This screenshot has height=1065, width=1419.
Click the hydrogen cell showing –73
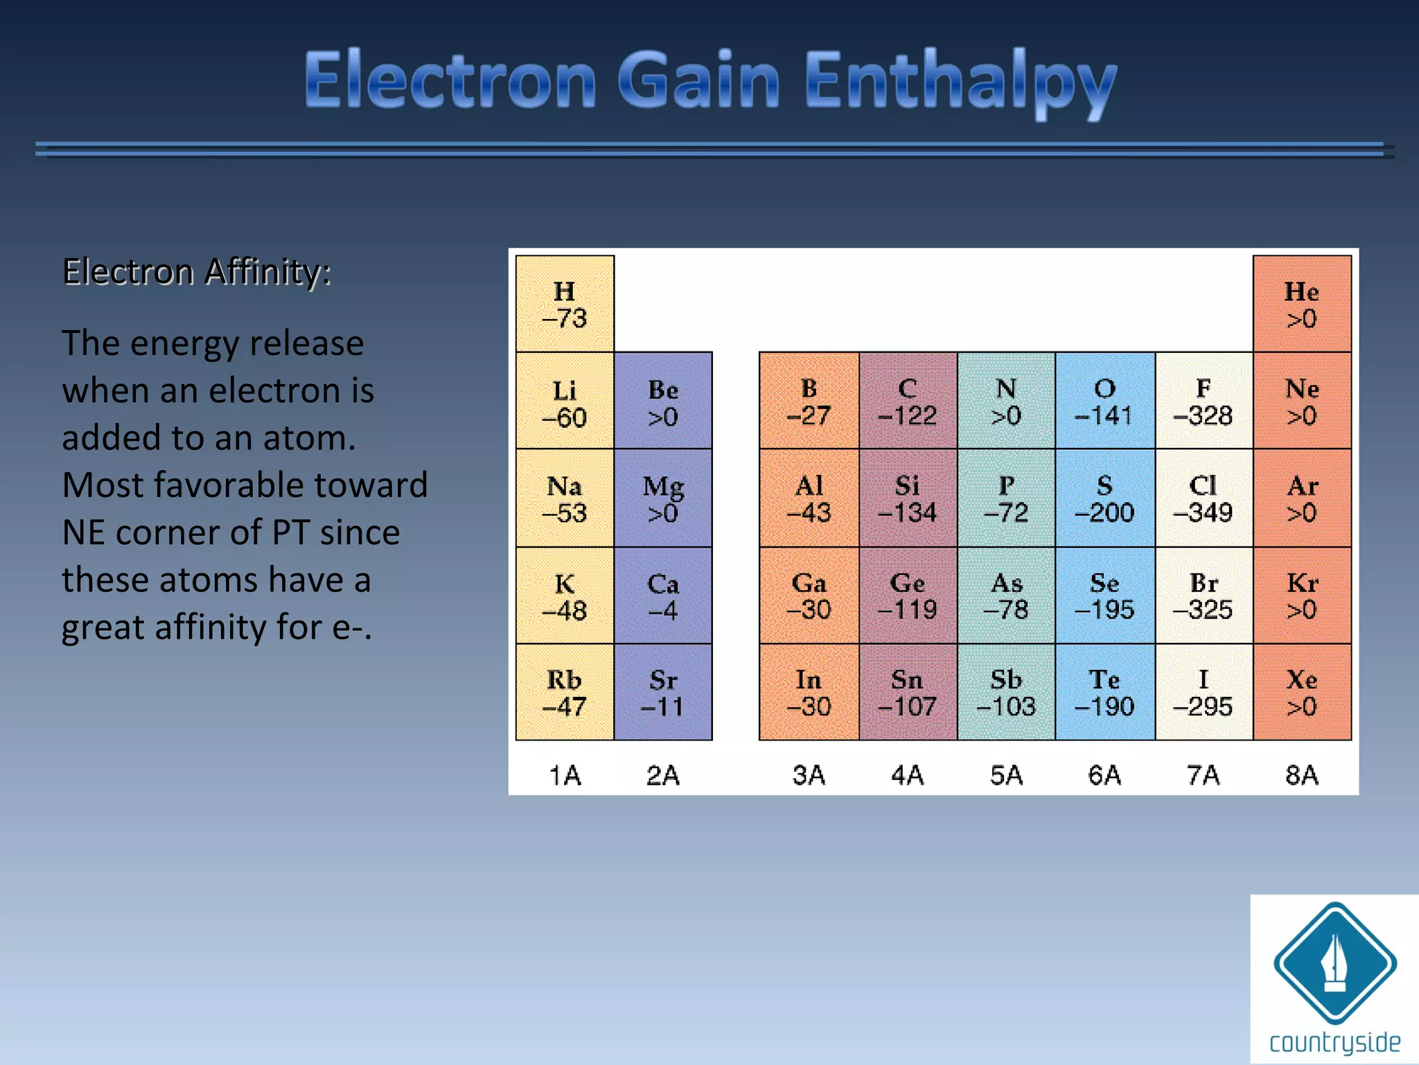[x=565, y=304]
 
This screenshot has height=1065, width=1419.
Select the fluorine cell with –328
[x=1204, y=401]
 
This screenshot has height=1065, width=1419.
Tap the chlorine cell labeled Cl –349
[x=1204, y=498]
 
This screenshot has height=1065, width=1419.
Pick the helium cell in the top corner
[x=1302, y=304]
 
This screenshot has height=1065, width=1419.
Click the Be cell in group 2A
[x=663, y=401]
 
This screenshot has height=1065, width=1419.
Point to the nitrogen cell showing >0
[x=1006, y=401]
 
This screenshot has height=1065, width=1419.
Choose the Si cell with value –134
[x=908, y=498]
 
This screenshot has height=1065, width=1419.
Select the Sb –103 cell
[x=1006, y=692]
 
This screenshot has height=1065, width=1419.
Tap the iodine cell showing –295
[x=1204, y=692]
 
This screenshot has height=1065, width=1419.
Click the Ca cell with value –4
[x=663, y=595]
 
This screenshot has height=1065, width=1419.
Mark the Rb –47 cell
[x=565, y=692]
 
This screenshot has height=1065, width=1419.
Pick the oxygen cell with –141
[x=1104, y=401]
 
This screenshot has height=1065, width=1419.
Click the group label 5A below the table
[x=1006, y=774]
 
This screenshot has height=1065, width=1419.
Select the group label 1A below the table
[x=565, y=774]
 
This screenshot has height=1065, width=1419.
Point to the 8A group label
[x=1302, y=774]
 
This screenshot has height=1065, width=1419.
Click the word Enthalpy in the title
[x=960, y=82]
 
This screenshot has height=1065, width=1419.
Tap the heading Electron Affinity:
[x=197, y=271]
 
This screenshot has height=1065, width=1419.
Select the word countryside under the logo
[x=1334, y=1042]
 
